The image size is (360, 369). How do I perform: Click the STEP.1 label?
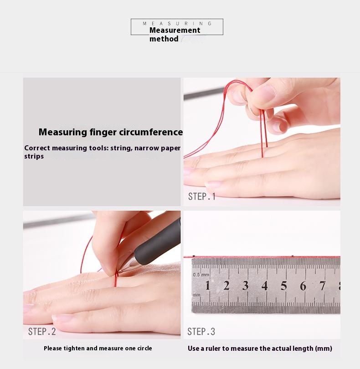pos(202,196)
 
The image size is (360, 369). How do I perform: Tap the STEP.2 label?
pos(42,332)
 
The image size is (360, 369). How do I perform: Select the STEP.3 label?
pos(201,332)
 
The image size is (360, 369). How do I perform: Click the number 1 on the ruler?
pos(207,286)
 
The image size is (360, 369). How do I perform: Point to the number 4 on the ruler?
pos(265,286)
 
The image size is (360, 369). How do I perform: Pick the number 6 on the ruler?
pos(303,286)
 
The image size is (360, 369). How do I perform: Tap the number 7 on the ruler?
pos(322,286)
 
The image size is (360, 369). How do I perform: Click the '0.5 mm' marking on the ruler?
pos(201,275)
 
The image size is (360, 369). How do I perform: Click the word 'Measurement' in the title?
pos(175,30)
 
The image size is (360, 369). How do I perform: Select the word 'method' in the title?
pos(164,39)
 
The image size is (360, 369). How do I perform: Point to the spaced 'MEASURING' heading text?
pos(177,23)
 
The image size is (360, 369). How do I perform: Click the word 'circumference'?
pos(151,132)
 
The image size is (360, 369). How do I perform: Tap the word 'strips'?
pos(34,157)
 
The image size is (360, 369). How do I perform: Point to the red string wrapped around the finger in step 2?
pos(116,279)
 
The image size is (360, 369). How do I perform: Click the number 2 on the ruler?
pos(226,286)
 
